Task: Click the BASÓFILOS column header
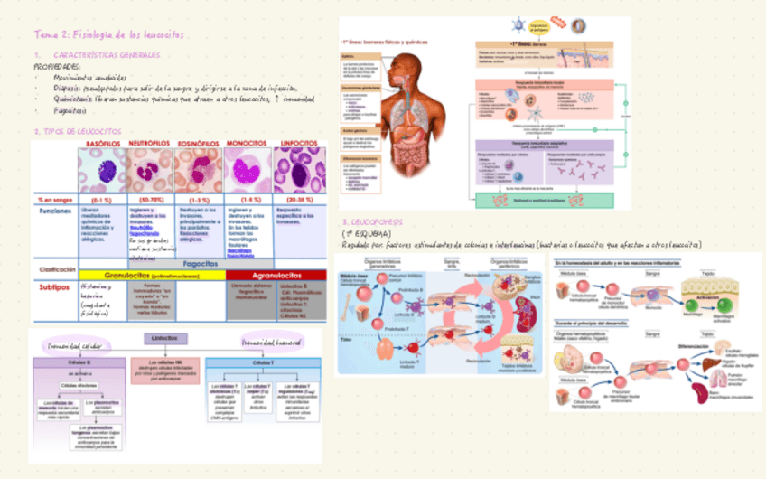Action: [104, 144]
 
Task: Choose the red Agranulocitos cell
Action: [275, 275]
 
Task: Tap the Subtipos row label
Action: [55, 286]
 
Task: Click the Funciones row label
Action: [55, 211]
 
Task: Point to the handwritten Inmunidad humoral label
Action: [276, 343]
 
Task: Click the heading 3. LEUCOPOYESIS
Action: [372, 222]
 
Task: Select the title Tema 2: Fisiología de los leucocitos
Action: [112, 34]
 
